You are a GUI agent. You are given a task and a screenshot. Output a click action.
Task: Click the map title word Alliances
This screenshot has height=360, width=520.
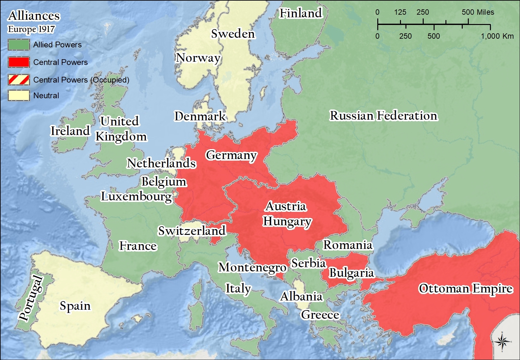(34, 16)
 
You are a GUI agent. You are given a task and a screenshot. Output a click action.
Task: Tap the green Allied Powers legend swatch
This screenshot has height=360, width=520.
(19, 45)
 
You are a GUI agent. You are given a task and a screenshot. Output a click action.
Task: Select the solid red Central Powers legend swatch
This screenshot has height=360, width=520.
(19, 62)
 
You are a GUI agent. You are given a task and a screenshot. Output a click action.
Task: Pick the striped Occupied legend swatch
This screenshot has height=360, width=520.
(19, 80)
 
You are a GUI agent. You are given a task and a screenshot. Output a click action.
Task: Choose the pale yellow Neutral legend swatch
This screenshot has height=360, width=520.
(19, 95)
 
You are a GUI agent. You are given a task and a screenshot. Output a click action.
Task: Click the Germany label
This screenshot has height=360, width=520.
(231, 155)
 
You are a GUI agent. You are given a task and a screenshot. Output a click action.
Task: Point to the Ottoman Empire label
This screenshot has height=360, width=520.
(466, 289)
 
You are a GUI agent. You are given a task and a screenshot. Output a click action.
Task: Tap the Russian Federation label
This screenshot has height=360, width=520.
(383, 116)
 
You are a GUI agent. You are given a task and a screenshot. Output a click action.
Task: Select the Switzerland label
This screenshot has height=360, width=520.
(192, 231)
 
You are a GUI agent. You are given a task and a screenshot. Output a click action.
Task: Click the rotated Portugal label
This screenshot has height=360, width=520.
(31, 298)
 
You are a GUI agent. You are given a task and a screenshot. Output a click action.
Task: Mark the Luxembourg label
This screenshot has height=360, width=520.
(136, 196)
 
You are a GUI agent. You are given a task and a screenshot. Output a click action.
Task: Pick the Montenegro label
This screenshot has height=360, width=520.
(252, 267)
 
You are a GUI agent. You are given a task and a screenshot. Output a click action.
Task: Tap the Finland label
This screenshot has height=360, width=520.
(301, 13)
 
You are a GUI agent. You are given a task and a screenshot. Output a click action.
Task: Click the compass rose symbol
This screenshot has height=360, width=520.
(502, 342)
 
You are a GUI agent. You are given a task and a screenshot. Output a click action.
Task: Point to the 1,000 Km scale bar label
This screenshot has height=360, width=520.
(497, 36)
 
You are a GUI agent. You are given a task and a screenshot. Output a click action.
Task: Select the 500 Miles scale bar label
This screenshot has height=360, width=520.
(478, 12)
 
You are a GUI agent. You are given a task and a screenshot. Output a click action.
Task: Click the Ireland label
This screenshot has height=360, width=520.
(70, 131)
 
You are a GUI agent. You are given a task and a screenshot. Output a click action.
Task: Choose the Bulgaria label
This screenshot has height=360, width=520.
(351, 273)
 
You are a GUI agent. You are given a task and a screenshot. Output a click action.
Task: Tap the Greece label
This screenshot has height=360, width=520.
(320, 315)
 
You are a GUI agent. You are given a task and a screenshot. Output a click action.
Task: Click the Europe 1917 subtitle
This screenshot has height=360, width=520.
(31, 29)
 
